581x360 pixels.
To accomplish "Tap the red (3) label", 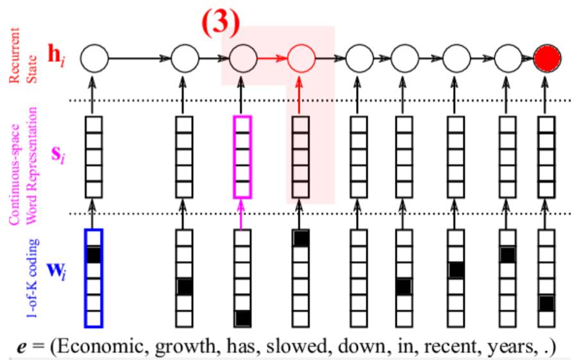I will click(x=219, y=22).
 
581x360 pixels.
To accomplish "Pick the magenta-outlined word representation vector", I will click(x=242, y=157).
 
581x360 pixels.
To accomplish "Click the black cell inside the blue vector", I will click(x=94, y=255).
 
